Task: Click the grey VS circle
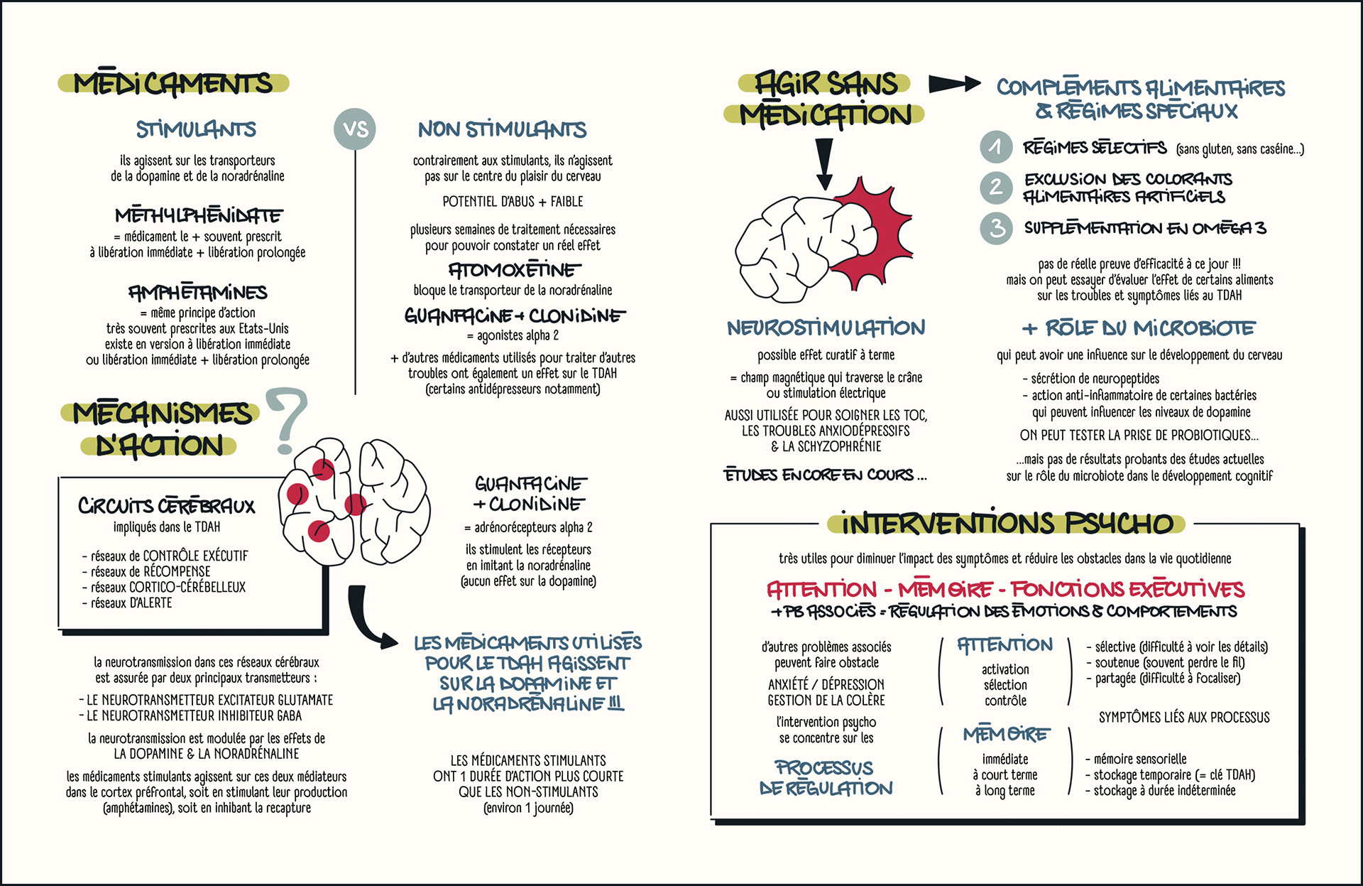point(355,129)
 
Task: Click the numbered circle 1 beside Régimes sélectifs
point(996,147)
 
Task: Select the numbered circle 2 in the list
point(996,187)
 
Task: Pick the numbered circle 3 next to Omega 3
point(997,228)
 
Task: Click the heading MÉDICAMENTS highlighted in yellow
point(173,83)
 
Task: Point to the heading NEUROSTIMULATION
point(826,328)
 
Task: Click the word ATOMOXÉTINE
point(514,270)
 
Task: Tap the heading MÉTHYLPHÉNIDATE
point(198,215)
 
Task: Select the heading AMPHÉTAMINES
point(197,292)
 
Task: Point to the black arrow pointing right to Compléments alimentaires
point(953,84)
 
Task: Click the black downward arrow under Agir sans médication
point(824,162)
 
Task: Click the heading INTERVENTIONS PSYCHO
point(1007,524)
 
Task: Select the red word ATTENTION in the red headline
point(821,590)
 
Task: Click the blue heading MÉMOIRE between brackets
point(1005,734)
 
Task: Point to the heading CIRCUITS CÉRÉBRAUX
point(166,506)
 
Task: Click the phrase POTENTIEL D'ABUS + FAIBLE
point(513,202)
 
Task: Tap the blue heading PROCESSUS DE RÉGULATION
point(826,778)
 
